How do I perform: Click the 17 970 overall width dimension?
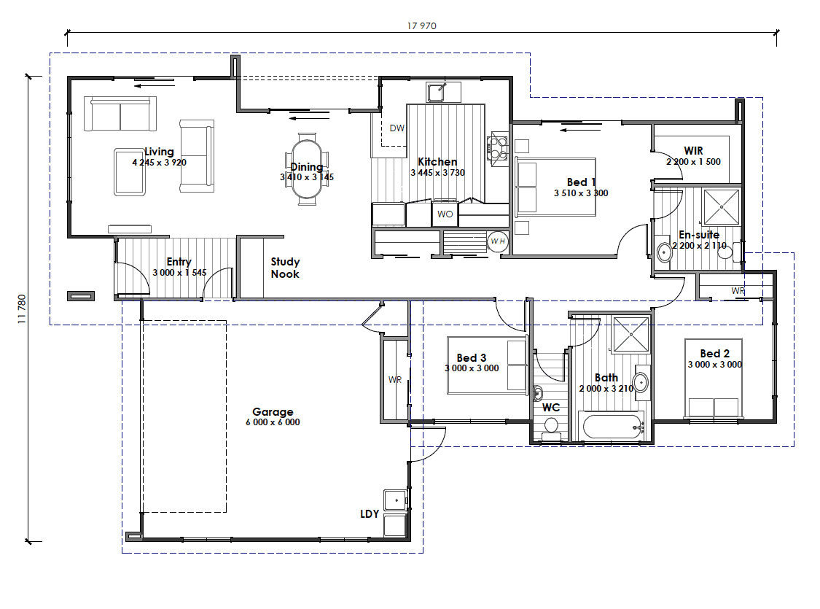click(421, 26)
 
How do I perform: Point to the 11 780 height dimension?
click(22, 309)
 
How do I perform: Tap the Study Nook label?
click(285, 268)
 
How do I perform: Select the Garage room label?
click(273, 412)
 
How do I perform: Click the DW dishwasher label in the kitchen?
click(397, 128)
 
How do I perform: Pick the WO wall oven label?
click(445, 214)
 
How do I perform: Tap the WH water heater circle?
click(497, 241)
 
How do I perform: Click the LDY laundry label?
click(370, 513)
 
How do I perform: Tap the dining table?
click(307, 169)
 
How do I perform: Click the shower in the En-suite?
click(722, 207)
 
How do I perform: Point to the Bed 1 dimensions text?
click(581, 193)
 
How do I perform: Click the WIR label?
click(693, 151)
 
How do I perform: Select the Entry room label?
click(179, 261)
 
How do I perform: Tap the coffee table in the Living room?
click(130, 172)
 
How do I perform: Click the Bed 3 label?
click(471, 358)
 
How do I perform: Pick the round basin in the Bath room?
click(641, 383)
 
